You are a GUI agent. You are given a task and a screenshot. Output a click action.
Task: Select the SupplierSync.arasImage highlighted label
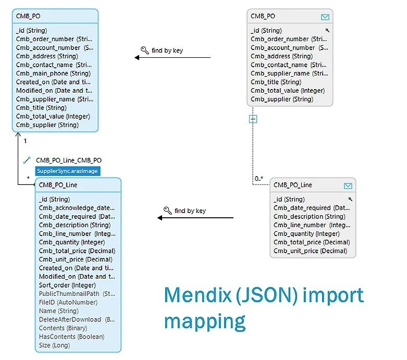coord(67,171)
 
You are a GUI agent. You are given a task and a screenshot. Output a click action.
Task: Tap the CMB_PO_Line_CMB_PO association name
coord(69,160)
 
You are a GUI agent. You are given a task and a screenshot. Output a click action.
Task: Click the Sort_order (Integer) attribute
coord(67,285)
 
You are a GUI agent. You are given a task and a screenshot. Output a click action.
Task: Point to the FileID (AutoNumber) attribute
coord(68,302)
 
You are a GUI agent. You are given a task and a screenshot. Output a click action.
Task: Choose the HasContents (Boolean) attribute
coord(71,337)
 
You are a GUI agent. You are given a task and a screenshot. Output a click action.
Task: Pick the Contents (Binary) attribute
coord(63,328)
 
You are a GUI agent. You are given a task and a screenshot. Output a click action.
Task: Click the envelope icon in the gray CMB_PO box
coord(325,17)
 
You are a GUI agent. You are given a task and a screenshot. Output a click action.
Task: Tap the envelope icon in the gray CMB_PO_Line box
coord(348,185)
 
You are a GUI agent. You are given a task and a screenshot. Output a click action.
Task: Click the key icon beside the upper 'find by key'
coord(144,51)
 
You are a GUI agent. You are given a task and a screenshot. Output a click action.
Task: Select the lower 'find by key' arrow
coord(195,218)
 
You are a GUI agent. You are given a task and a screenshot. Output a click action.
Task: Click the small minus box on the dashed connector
coord(253,119)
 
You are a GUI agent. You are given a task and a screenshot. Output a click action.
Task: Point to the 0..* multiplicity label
coord(259,179)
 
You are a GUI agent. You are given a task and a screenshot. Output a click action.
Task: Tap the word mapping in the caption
coord(204,321)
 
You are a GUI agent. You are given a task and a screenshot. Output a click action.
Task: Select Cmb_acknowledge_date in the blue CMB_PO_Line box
coord(77,207)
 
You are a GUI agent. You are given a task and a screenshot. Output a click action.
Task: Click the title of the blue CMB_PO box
coord(29,16)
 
